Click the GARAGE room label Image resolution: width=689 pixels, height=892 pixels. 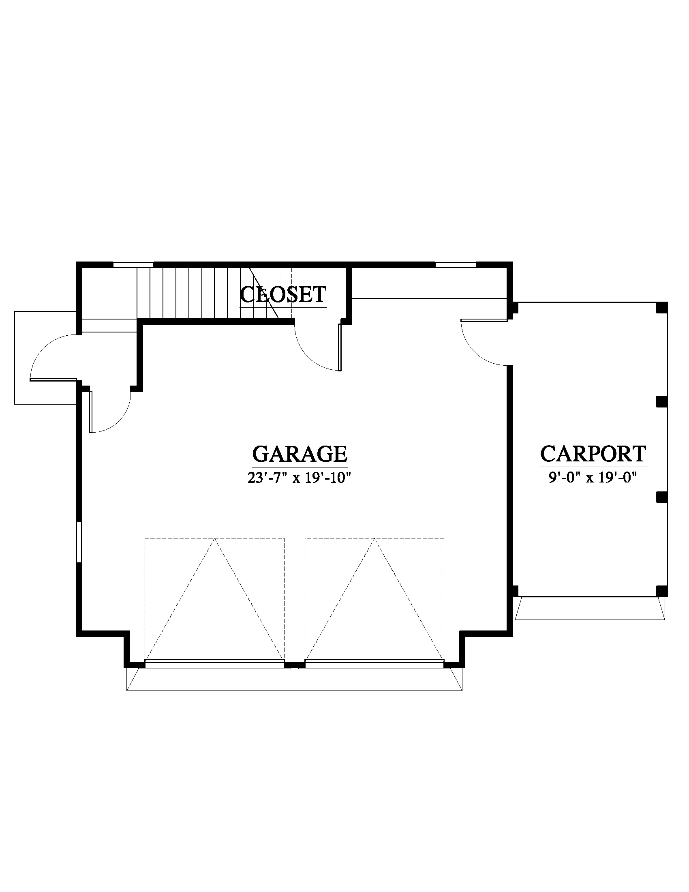pyautogui.click(x=300, y=454)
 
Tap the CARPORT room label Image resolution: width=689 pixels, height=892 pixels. pyautogui.click(x=593, y=453)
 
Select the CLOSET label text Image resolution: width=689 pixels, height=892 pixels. pyautogui.click(x=283, y=294)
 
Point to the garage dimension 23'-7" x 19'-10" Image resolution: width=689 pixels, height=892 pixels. pyautogui.click(x=299, y=478)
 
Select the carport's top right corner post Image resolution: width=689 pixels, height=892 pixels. pyautogui.click(x=662, y=308)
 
